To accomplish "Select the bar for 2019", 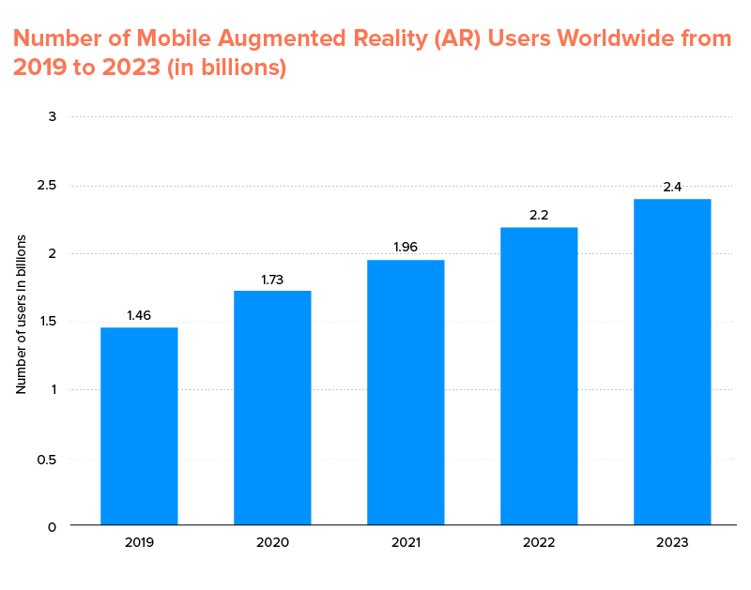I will click(x=139, y=426).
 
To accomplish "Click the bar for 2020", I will click(x=272, y=408).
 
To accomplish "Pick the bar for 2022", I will click(x=539, y=376).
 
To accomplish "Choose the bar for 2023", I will click(x=672, y=362).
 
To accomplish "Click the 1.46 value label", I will click(x=139, y=316).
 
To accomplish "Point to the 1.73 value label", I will click(x=272, y=280).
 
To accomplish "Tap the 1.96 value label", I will click(x=406, y=249).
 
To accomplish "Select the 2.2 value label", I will click(x=539, y=216).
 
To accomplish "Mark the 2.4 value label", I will click(x=672, y=188).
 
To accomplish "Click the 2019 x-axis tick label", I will click(x=139, y=543).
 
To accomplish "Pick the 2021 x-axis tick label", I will click(x=406, y=543).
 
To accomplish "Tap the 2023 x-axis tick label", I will click(x=672, y=543).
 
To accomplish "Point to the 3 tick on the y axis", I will click(x=53, y=117).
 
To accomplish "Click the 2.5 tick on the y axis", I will click(x=47, y=186).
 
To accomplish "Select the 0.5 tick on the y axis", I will click(x=47, y=459).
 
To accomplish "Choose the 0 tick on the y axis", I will click(x=53, y=527).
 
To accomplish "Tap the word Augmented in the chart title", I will click(x=305, y=38).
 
